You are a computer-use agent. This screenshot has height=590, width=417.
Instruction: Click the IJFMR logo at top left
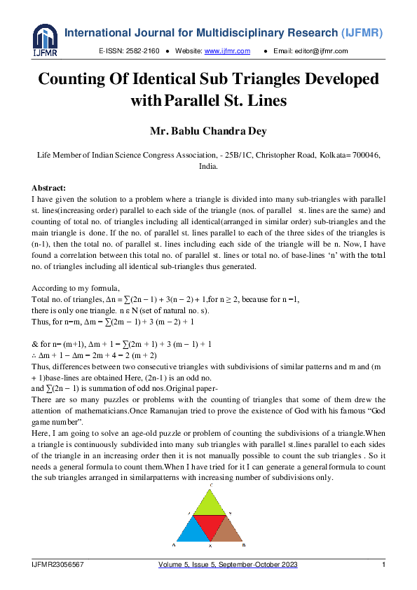[x=44, y=41]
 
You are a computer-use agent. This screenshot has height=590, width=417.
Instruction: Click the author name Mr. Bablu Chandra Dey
[x=208, y=130]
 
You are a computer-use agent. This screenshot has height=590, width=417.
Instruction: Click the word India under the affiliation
[x=208, y=167]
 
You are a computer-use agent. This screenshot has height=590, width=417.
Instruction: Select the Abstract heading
[x=49, y=188]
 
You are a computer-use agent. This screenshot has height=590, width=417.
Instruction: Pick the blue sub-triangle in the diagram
[x=191, y=532]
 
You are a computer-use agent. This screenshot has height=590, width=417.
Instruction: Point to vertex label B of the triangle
[x=242, y=544]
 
